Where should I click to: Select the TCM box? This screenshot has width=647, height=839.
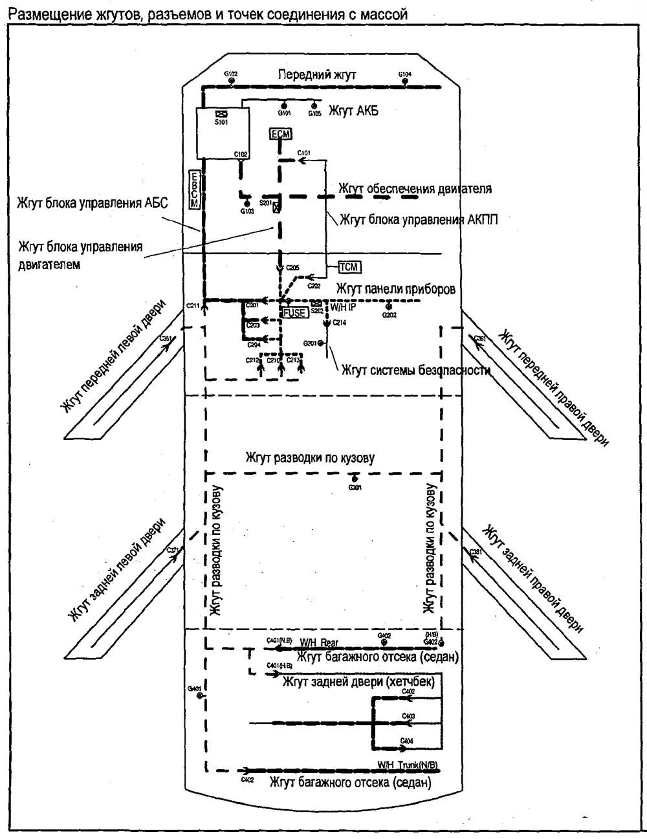[x=349, y=267]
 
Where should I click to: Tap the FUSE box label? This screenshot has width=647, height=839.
[x=294, y=312]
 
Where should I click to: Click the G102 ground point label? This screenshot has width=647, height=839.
[x=231, y=74]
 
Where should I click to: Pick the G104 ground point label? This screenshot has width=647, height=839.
[x=404, y=74]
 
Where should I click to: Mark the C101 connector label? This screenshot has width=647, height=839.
[x=303, y=153]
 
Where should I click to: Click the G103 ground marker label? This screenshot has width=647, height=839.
[x=247, y=211]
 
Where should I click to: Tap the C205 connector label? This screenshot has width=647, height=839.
[x=292, y=268]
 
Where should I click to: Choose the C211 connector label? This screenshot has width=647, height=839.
[x=193, y=304]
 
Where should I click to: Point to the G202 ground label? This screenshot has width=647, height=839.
[x=389, y=315]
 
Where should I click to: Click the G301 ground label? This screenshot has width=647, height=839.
[x=355, y=488]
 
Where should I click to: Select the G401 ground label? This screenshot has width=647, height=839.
[x=193, y=688]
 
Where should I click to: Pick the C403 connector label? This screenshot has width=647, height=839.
[x=408, y=716]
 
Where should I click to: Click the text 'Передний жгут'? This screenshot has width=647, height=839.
[x=317, y=75]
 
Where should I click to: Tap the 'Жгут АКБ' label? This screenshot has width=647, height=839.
[x=353, y=111]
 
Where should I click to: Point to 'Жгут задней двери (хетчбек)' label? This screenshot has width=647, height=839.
[x=358, y=682]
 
